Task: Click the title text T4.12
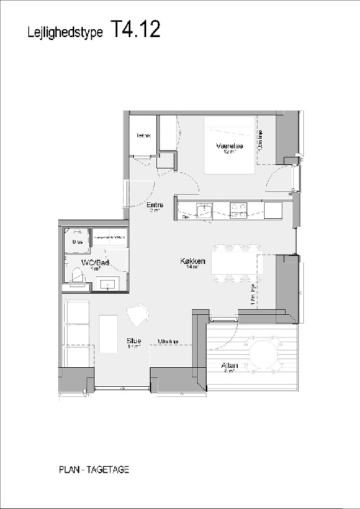pyautogui.click(x=135, y=29)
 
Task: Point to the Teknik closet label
pyautogui.click(x=143, y=136)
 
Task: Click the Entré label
pyautogui.click(x=154, y=206)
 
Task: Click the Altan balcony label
pyautogui.click(x=230, y=366)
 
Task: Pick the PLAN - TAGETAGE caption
pyautogui.click(x=95, y=470)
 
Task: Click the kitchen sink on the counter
pyautogui.click(x=205, y=209)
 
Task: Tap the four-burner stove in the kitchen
pyautogui.click(x=237, y=209)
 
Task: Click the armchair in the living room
pyautogui.click(x=136, y=316)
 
